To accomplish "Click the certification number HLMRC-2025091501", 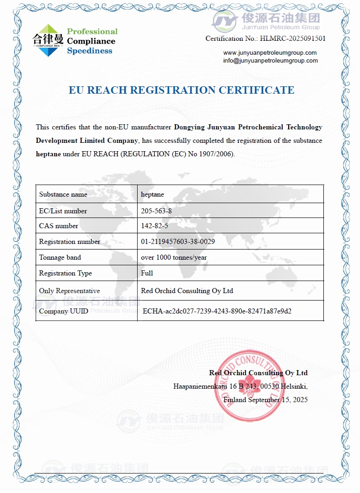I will [x=293, y=38].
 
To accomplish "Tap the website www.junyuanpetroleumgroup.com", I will [x=270, y=53].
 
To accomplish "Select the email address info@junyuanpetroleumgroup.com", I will [x=271, y=61].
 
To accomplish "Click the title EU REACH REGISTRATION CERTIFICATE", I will [x=182, y=90].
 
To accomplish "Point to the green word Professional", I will [x=92, y=32].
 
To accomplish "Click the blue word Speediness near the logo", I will [x=89, y=51].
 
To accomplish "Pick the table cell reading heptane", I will [x=152, y=194].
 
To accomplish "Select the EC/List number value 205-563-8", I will [x=156, y=211].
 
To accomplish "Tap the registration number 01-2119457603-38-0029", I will [x=178, y=242].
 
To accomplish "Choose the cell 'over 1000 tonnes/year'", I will [x=174, y=257].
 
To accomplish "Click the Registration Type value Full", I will [x=147, y=273].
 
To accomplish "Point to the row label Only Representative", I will [x=69, y=291].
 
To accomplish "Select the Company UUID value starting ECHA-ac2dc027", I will [x=217, y=311].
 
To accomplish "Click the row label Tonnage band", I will [x=60, y=257].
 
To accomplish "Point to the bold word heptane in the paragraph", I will [x=48, y=154].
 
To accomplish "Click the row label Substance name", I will [x=63, y=194].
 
